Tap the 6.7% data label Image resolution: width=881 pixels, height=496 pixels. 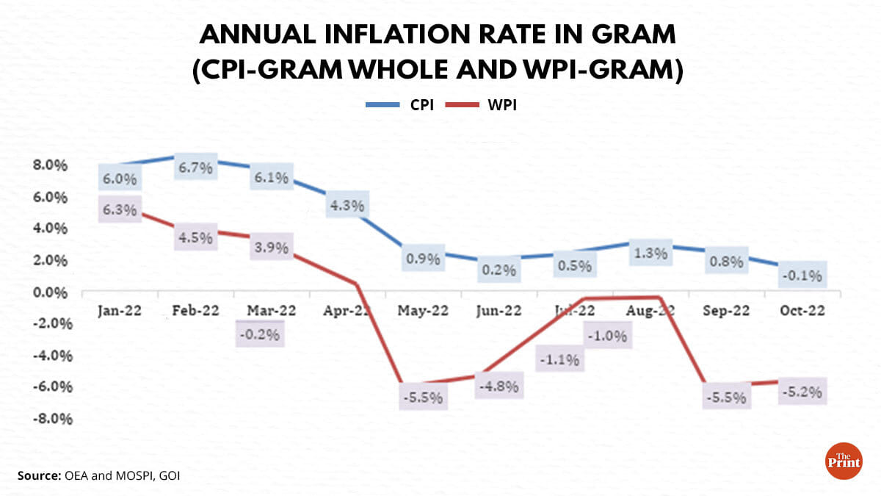(195, 168)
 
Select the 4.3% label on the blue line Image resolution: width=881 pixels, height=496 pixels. (347, 206)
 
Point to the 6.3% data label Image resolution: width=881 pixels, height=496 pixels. (119, 210)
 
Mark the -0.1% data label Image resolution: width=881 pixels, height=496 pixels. (802, 276)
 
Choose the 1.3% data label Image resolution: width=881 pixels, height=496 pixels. (650, 254)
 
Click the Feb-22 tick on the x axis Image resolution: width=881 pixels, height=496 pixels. (195, 310)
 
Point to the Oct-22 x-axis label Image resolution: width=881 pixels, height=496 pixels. (802, 310)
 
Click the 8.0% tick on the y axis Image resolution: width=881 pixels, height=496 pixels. (49, 165)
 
